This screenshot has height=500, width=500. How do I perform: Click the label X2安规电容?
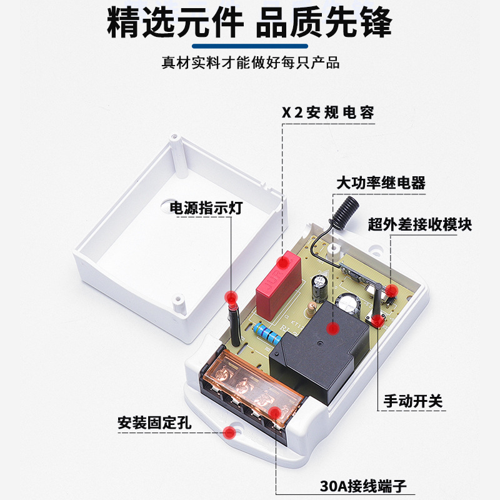pyautogui.click(x=327, y=112)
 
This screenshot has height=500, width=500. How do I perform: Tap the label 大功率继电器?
pyautogui.click(x=381, y=183)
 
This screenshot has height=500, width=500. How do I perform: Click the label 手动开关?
pyautogui.click(x=413, y=400)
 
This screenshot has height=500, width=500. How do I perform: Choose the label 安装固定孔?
pyautogui.click(x=154, y=422)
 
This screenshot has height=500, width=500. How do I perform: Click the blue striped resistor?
pyautogui.click(x=266, y=334)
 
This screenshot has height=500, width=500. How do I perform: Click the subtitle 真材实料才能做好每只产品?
pyautogui.click(x=250, y=63)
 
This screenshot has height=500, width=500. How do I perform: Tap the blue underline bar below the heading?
pyautogui.click(x=250, y=46)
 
